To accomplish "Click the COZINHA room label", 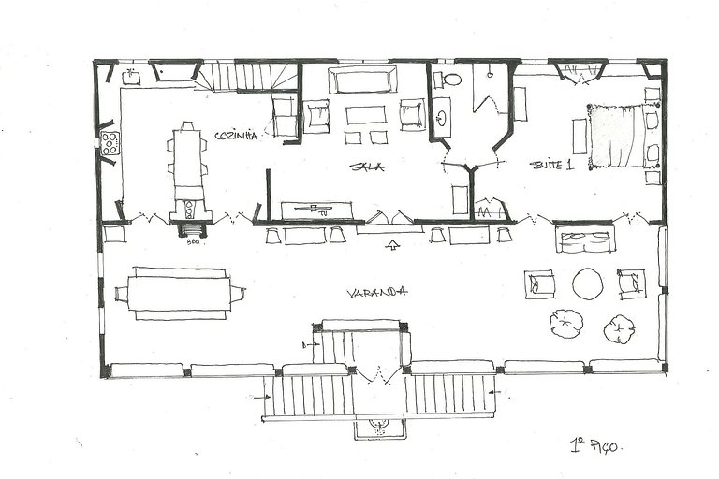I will pyautogui.click(x=235, y=136).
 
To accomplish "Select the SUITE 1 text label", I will pyautogui.click(x=550, y=165).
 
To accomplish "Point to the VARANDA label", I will pyautogui.click(x=376, y=292).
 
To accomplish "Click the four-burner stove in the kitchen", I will pyautogui.click(x=110, y=143).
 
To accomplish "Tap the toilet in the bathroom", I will pyautogui.click(x=451, y=79).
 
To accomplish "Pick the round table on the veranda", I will pyautogui.click(x=587, y=283).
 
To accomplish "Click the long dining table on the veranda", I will pyautogui.click(x=179, y=294).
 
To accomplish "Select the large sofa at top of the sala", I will pyautogui.click(x=361, y=79).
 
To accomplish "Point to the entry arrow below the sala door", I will pyautogui.click(x=392, y=246).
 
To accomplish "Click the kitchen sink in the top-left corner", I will pyautogui.click(x=131, y=78).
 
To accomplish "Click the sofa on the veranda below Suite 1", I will pyautogui.click(x=584, y=239).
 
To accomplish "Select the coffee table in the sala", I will pyautogui.click(x=365, y=115).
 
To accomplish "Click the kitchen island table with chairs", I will pyautogui.click(x=187, y=158).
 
